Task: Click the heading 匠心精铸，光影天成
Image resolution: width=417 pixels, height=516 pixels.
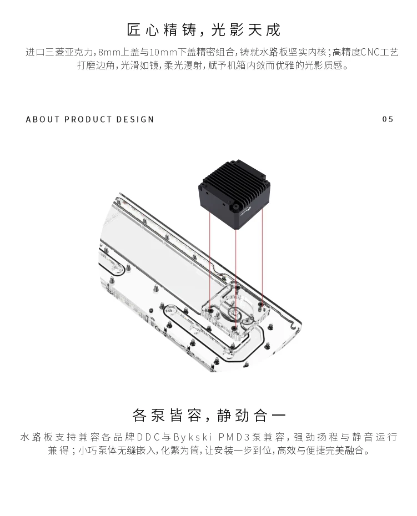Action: coord(204,30)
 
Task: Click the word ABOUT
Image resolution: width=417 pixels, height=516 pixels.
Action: coord(42,119)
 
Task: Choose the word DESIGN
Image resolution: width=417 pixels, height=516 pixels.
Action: coord(135,119)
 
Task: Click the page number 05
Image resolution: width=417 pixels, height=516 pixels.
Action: coord(388,119)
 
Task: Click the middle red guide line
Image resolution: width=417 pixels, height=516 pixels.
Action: coord(236,272)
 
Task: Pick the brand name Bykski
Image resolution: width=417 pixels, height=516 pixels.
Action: coord(191,437)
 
